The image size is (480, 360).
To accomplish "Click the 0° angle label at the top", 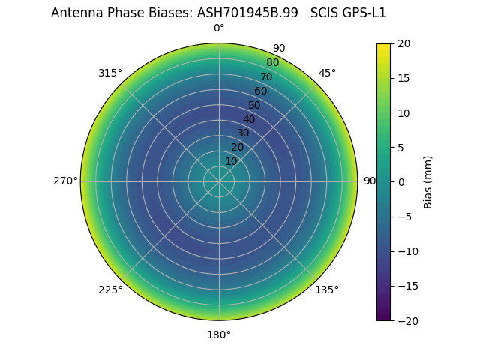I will click(219, 28).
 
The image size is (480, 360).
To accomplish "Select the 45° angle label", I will click(327, 73).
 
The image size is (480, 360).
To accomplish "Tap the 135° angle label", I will click(327, 289).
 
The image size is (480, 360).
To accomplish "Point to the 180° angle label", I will click(219, 334).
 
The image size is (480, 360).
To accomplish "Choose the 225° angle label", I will click(110, 289).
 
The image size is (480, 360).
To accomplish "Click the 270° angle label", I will click(65, 181).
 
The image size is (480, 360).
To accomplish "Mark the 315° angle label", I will click(110, 73).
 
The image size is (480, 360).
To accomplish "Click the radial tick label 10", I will click(231, 161).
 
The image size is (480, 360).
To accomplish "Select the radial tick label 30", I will click(243, 133).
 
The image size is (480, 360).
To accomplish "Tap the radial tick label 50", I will click(255, 105).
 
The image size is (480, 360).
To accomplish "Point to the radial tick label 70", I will click(266, 76).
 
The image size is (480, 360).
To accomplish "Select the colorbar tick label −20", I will click(406, 320).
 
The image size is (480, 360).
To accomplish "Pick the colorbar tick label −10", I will click(406, 251).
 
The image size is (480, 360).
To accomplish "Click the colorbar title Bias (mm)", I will click(428, 181).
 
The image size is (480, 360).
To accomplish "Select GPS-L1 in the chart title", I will click(364, 13).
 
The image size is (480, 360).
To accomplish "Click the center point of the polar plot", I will click(219, 181).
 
